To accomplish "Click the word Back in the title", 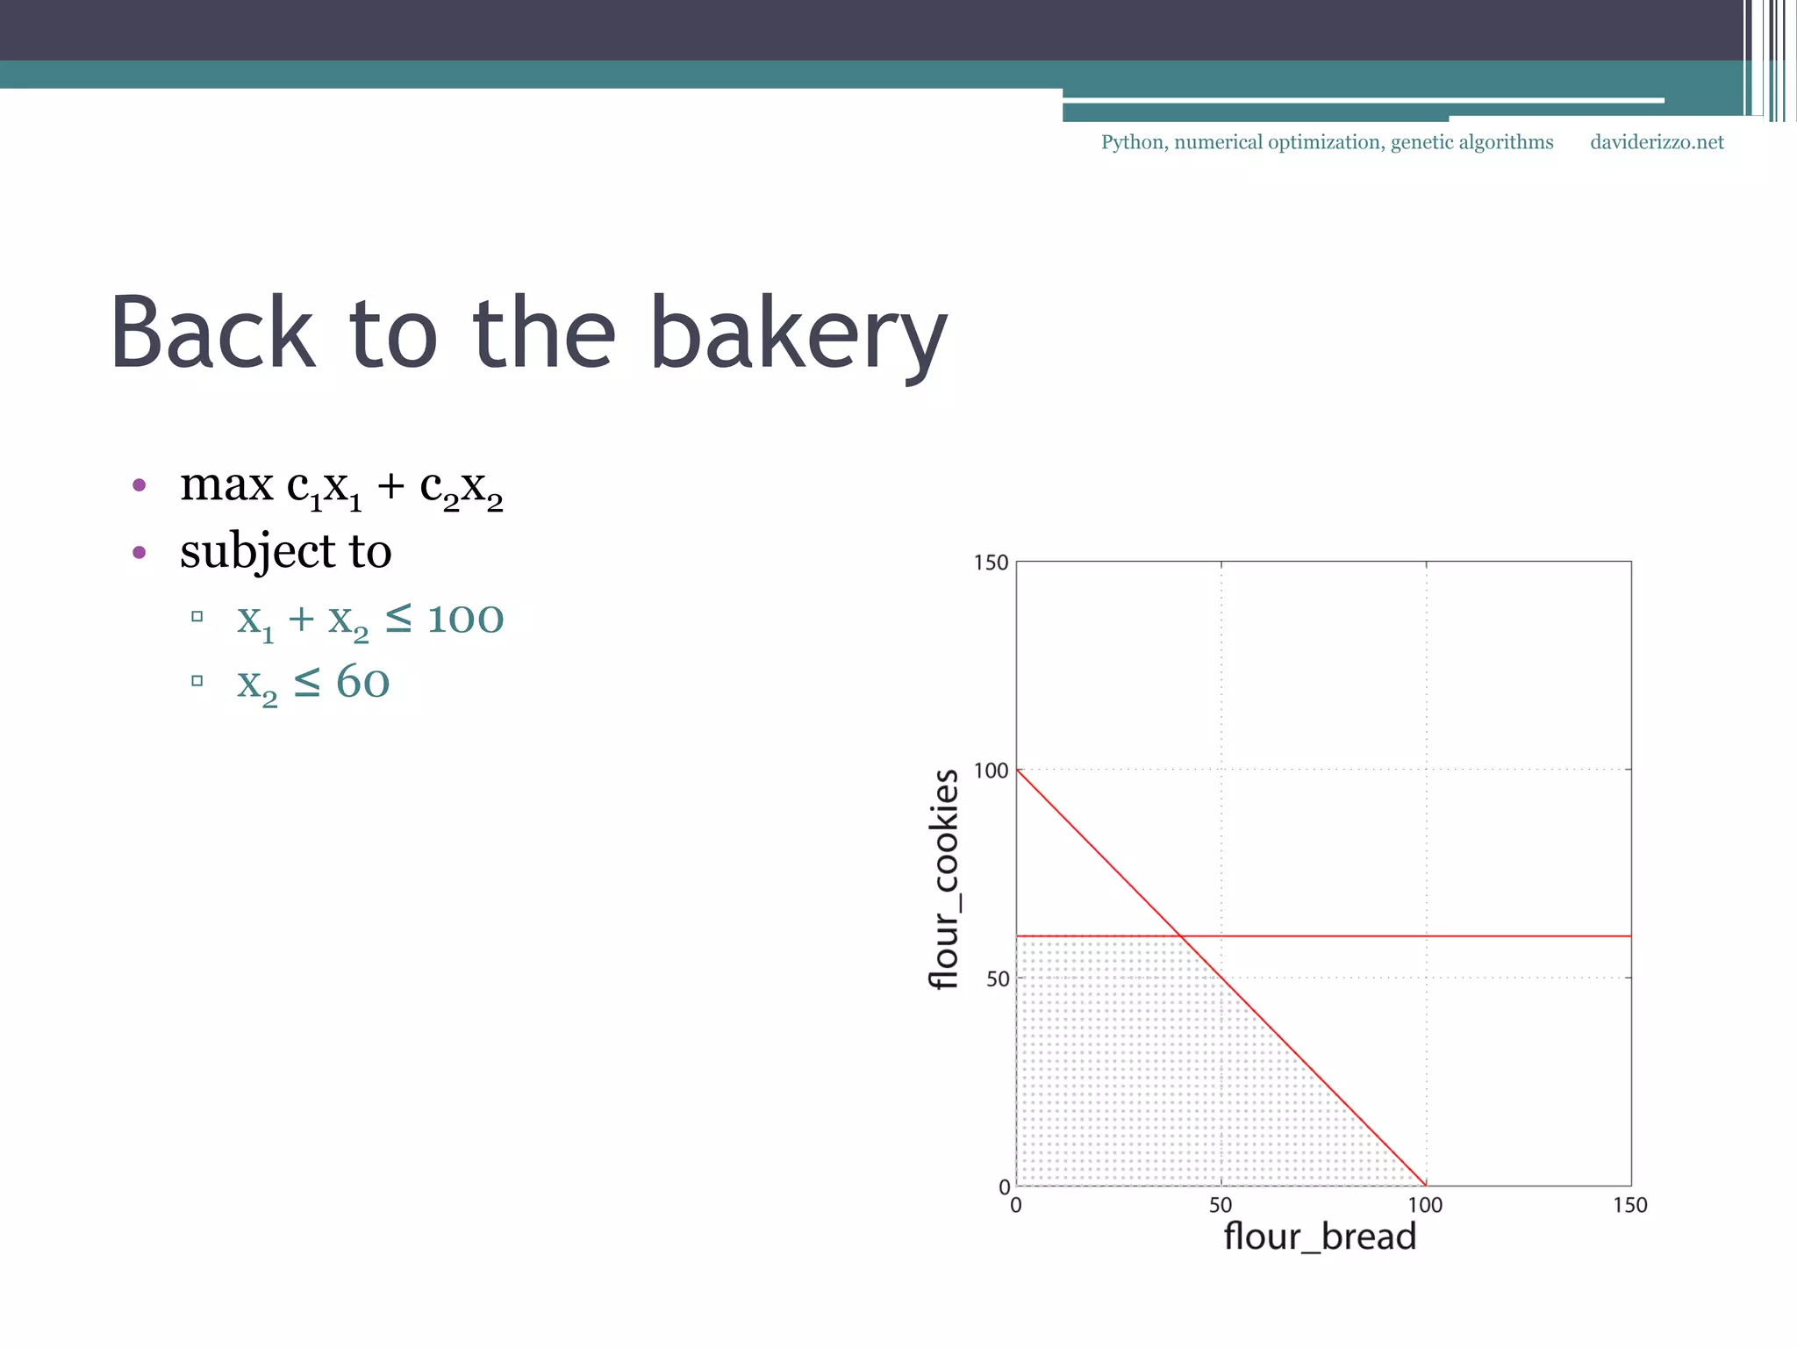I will (211, 333).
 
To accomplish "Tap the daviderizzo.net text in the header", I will (1657, 142).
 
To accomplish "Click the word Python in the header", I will (1133, 143).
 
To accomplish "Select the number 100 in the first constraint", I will (465, 620).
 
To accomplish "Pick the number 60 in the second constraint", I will (362, 683).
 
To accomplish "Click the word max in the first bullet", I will (226, 484).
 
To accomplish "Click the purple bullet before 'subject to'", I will (139, 552).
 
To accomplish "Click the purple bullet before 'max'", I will (139, 484).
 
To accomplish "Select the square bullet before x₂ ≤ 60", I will (197, 680).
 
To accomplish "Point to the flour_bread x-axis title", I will (1320, 1237).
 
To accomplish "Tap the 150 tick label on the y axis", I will (991, 563).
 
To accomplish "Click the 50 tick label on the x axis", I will (1221, 1206).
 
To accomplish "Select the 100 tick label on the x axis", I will (1425, 1206).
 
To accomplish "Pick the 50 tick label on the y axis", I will (998, 979).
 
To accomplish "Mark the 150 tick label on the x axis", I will (1629, 1206).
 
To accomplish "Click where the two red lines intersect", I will (1181, 936).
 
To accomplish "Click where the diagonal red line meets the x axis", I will (1426, 1186).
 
